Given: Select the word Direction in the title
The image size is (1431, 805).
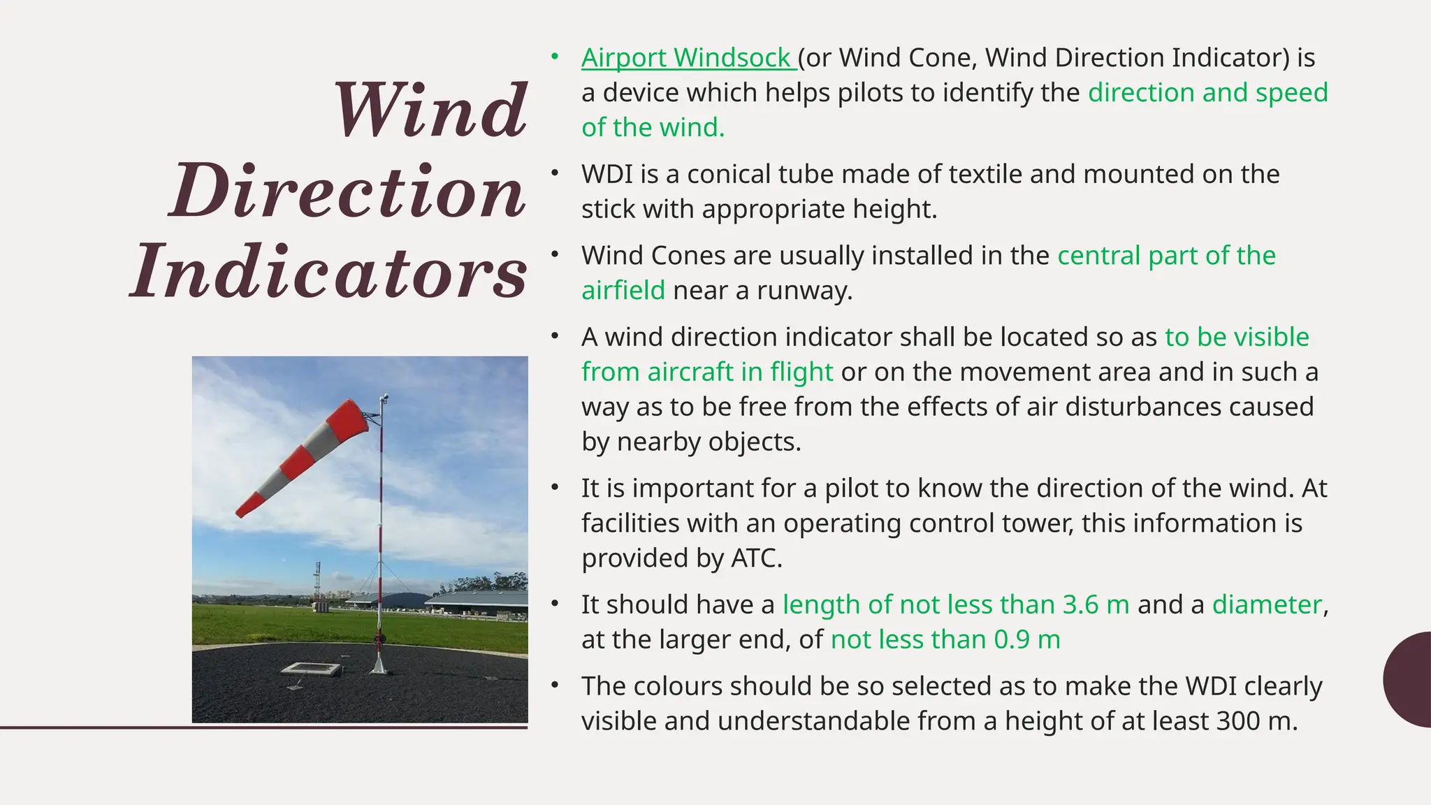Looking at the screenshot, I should click(x=347, y=191).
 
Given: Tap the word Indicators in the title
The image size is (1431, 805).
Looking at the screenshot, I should click(x=328, y=272).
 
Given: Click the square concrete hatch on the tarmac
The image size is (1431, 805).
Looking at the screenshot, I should click(x=312, y=669).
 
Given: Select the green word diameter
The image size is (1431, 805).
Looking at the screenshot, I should click(x=1267, y=605).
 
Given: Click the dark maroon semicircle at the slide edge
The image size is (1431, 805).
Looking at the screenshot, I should click(x=1409, y=679).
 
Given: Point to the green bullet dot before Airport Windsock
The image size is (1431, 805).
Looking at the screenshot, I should click(x=555, y=56).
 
